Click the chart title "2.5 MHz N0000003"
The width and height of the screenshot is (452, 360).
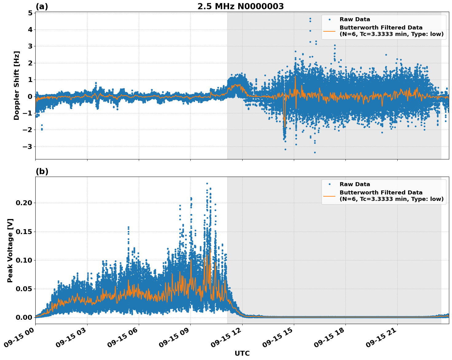pyautogui.click(x=240, y=6)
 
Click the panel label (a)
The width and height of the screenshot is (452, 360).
pyautogui.click(x=42, y=6)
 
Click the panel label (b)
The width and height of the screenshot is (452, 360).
pyautogui.click(x=42, y=171)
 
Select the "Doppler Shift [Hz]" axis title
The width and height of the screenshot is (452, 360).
pyautogui.click(x=17, y=85)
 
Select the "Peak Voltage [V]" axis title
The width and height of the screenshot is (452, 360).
pyautogui.click(x=10, y=250)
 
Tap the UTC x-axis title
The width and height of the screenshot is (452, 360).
pyautogui.click(x=242, y=354)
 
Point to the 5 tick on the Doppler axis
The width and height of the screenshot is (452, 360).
pyautogui.click(x=30, y=13)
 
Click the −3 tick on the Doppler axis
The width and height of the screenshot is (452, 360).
pyautogui.click(x=28, y=147)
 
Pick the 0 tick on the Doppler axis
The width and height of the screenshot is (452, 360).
pyautogui.click(x=30, y=96)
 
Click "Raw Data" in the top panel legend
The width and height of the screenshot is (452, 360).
pyautogui.click(x=355, y=20)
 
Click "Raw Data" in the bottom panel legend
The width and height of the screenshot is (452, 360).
pyautogui.click(x=355, y=184)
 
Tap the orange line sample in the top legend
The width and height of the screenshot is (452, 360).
pyautogui.click(x=329, y=31)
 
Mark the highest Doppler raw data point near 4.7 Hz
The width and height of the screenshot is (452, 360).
pyautogui.click(x=310, y=18)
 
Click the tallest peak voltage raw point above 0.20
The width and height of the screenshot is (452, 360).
pyautogui.click(x=207, y=184)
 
